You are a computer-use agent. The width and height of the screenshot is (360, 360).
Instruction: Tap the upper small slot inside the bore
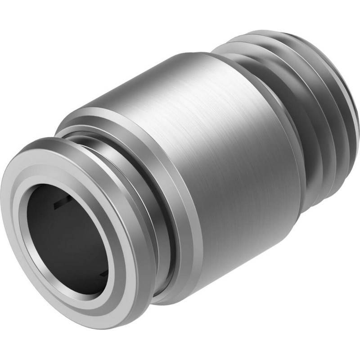coord(61,205)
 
